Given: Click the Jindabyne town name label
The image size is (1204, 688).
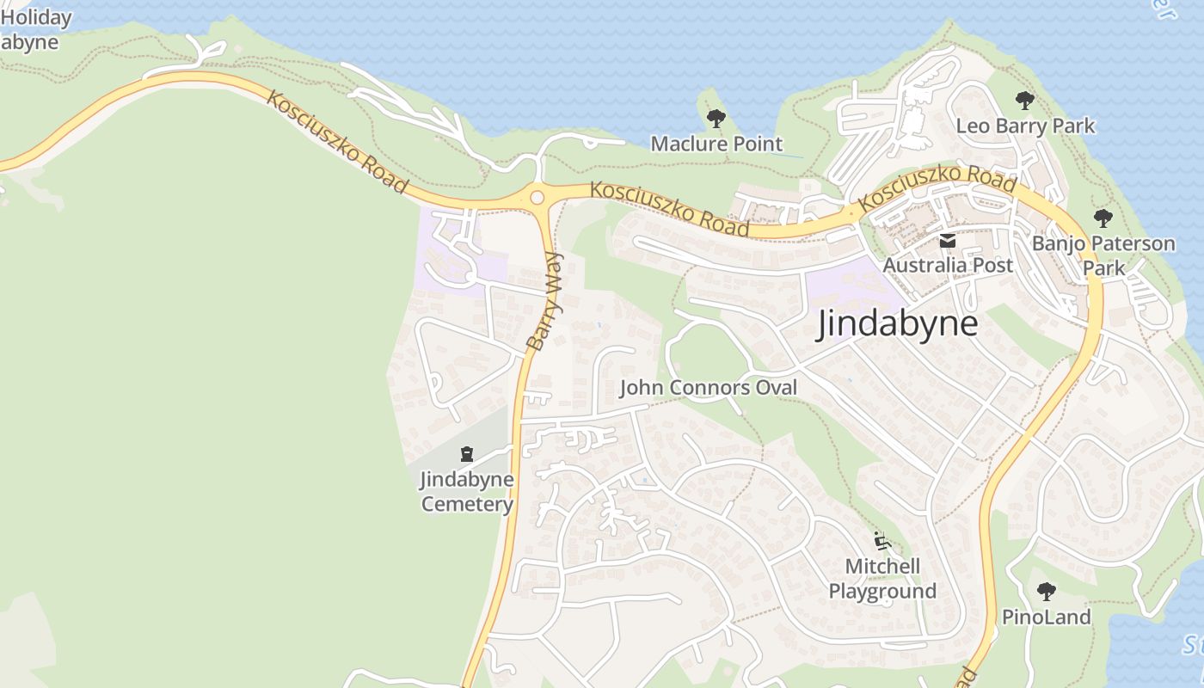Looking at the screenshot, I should pyautogui.click(x=897, y=324).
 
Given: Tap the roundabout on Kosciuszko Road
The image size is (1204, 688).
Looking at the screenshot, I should pyautogui.click(x=537, y=197).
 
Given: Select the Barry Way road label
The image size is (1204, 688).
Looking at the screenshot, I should pyautogui.click(x=544, y=301).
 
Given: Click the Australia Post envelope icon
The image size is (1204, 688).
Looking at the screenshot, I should pyautogui.click(x=948, y=241).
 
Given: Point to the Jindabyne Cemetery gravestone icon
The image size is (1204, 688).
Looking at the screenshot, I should pyautogui.click(x=467, y=453).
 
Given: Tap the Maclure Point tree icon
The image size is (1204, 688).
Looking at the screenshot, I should pyautogui.click(x=716, y=119).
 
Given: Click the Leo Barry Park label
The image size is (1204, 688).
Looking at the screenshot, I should pyautogui.click(x=1025, y=126).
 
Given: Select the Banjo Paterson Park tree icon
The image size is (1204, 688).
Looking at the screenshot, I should pyautogui.click(x=1103, y=218).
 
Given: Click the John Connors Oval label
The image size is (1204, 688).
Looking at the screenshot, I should pyautogui.click(x=709, y=388).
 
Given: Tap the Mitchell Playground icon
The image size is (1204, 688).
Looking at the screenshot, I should pyautogui.click(x=881, y=542).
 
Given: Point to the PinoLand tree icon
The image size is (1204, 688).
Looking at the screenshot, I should pyautogui.click(x=1046, y=592).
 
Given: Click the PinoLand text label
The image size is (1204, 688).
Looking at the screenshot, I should pyautogui.click(x=1046, y=617).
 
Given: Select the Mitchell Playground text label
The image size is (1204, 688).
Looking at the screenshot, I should pyautogui.click(x=882, y=579).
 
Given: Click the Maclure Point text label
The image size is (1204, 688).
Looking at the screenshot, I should pyautogui.click(x=716, y=144).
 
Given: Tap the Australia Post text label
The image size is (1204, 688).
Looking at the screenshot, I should pyautogui.click(x=948, y=265).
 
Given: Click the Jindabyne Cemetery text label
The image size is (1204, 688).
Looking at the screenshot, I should pyautogui.click(x=467, y=491).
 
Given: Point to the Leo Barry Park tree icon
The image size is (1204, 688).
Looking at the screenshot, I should pyautogui.click(x=1024, y=101).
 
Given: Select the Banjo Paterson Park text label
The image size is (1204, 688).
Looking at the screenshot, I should pyautogui.click(x=1103, y=255).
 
